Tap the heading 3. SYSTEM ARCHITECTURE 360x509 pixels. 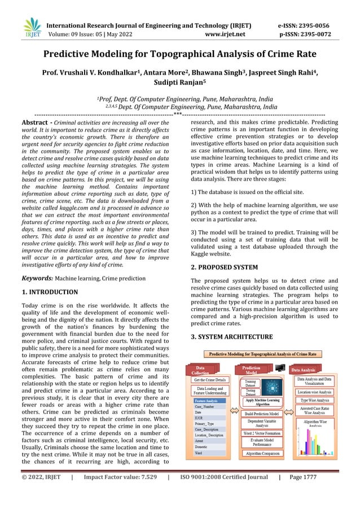pyautogui.click(x=231, y=337)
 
